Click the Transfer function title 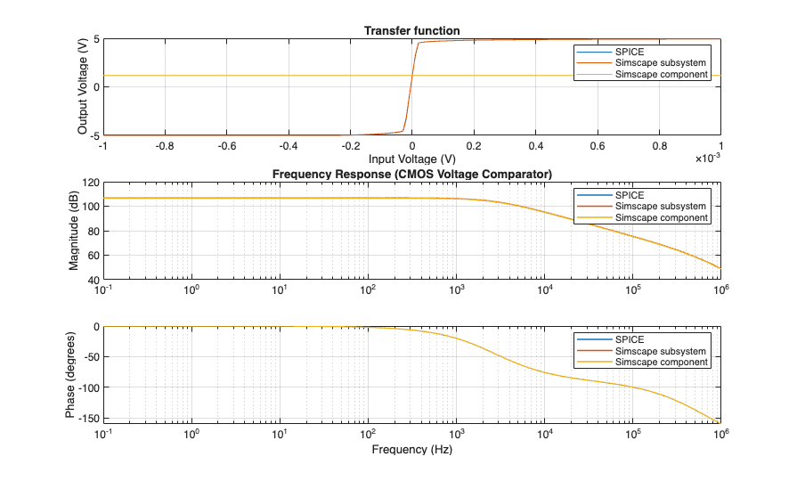click(x=411, y=31)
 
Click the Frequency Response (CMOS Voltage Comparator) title click(x=411, y=173)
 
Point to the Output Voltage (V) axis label click(x=83, y=87)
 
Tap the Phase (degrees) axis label click(x=71, y=373)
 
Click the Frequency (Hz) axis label click(x=411, y=450)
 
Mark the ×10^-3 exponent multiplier click(x=708, y=158)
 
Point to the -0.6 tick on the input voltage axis click(x=226, y=146)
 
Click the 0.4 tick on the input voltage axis click(x=535, y=146)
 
